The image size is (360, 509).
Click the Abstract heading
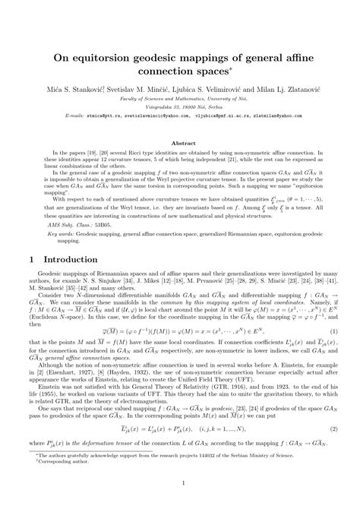(180, 121)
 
